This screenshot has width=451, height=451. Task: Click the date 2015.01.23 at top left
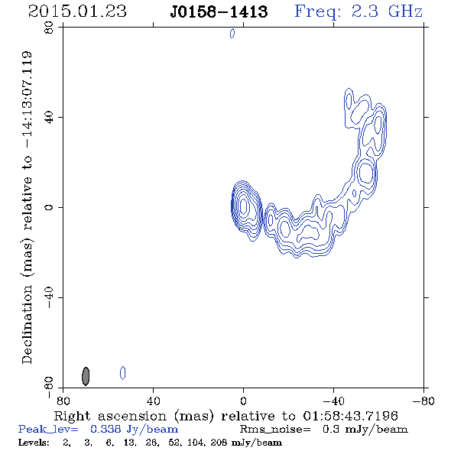[77, 11]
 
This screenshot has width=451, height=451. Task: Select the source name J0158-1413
[219, 11]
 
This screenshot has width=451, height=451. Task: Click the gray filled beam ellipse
[86, 376]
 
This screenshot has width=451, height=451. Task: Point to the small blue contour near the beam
[123, 373]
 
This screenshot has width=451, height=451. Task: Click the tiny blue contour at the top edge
[232, 34]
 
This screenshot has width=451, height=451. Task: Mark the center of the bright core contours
[244, 206]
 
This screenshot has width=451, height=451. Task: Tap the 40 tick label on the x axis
[153, 401]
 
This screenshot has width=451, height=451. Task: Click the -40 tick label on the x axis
[333, 401]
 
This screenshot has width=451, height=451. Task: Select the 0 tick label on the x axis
[243, 401]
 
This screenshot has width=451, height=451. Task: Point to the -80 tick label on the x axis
[423, 401]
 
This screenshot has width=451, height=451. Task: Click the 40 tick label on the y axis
[49, 118]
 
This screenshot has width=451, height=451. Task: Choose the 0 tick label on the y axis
[49, 207]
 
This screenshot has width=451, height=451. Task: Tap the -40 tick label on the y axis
[49, 297]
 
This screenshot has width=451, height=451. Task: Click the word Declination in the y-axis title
[27, 324]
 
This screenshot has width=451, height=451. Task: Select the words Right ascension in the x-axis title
[110, 416]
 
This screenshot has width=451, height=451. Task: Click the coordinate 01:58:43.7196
[350, 416]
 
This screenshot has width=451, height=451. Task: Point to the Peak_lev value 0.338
[105, 429]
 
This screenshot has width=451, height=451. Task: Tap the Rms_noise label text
[275, 430]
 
